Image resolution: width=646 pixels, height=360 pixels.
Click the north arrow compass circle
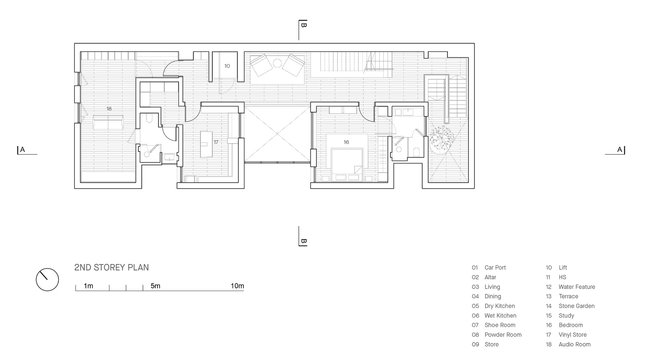coord(36,280)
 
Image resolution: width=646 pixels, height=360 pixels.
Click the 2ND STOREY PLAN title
coord(111,267)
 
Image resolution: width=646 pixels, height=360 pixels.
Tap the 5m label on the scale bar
coord(156,286)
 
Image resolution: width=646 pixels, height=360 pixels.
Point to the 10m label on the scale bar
coord(237,286)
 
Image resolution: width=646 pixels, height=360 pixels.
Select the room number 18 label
coord(109,109)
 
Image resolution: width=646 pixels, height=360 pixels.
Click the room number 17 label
coord(216,142)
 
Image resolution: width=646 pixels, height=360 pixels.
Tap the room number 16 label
coord(346,142)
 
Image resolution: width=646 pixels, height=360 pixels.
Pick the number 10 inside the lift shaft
coord(227,66)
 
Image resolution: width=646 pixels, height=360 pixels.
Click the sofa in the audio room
coord(108,122)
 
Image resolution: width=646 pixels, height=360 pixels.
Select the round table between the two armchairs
coord(277,63)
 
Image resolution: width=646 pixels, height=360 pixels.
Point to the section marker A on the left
coord(22,150)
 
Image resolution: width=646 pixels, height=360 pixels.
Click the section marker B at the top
coord(303,25)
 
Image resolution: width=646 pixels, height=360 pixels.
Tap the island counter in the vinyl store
coord(207,144)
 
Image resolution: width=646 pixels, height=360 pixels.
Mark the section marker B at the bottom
coord(303,241)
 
